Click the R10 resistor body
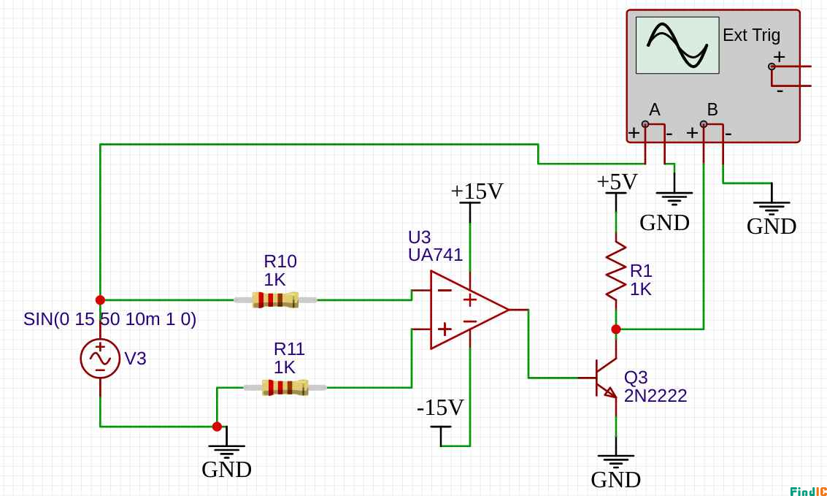275,299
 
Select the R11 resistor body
285,387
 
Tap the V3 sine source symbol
100,359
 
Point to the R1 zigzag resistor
616,271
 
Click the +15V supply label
477,191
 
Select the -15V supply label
440,408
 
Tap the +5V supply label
617,182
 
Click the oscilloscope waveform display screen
677,45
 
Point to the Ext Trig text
751,35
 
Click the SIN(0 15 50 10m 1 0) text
109,319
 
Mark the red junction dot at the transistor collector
616,329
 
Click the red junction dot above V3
100,299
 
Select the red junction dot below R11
217,427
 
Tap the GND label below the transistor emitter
615,480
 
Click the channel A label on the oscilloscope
655,110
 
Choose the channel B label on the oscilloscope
712,110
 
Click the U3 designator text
419,237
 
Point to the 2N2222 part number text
655,396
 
